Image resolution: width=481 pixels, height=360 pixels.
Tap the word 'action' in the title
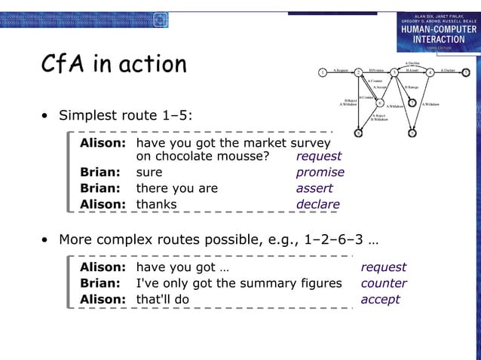tap(149, 65)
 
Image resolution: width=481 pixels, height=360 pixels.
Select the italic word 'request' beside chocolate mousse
tap(318, 157)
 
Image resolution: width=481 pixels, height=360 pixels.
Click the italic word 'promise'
tap(320, 172)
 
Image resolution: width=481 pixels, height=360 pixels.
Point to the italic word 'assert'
tap(314, 188)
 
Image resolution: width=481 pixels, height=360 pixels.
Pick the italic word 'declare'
tap(317, 204)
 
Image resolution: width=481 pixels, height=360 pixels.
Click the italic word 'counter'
tap(384, 283)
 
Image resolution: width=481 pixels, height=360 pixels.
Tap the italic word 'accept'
tap(380, 299)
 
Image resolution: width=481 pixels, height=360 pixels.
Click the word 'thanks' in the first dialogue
tap(156, 204)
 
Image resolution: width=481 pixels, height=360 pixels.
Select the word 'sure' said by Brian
tap(149, 172)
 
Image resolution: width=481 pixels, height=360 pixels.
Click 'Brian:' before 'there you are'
tap(100, 188)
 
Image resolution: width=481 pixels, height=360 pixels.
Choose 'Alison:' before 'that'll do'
tap(103, 299)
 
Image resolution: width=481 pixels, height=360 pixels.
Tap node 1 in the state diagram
tap(322, 72)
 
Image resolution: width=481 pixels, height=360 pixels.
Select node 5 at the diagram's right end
tap(466, 72)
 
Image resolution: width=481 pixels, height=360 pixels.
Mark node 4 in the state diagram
tap(430, 72)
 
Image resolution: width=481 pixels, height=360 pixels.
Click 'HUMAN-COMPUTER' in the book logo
tap(438, 30)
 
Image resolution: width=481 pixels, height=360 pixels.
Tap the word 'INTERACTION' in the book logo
tap(438, 40)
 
